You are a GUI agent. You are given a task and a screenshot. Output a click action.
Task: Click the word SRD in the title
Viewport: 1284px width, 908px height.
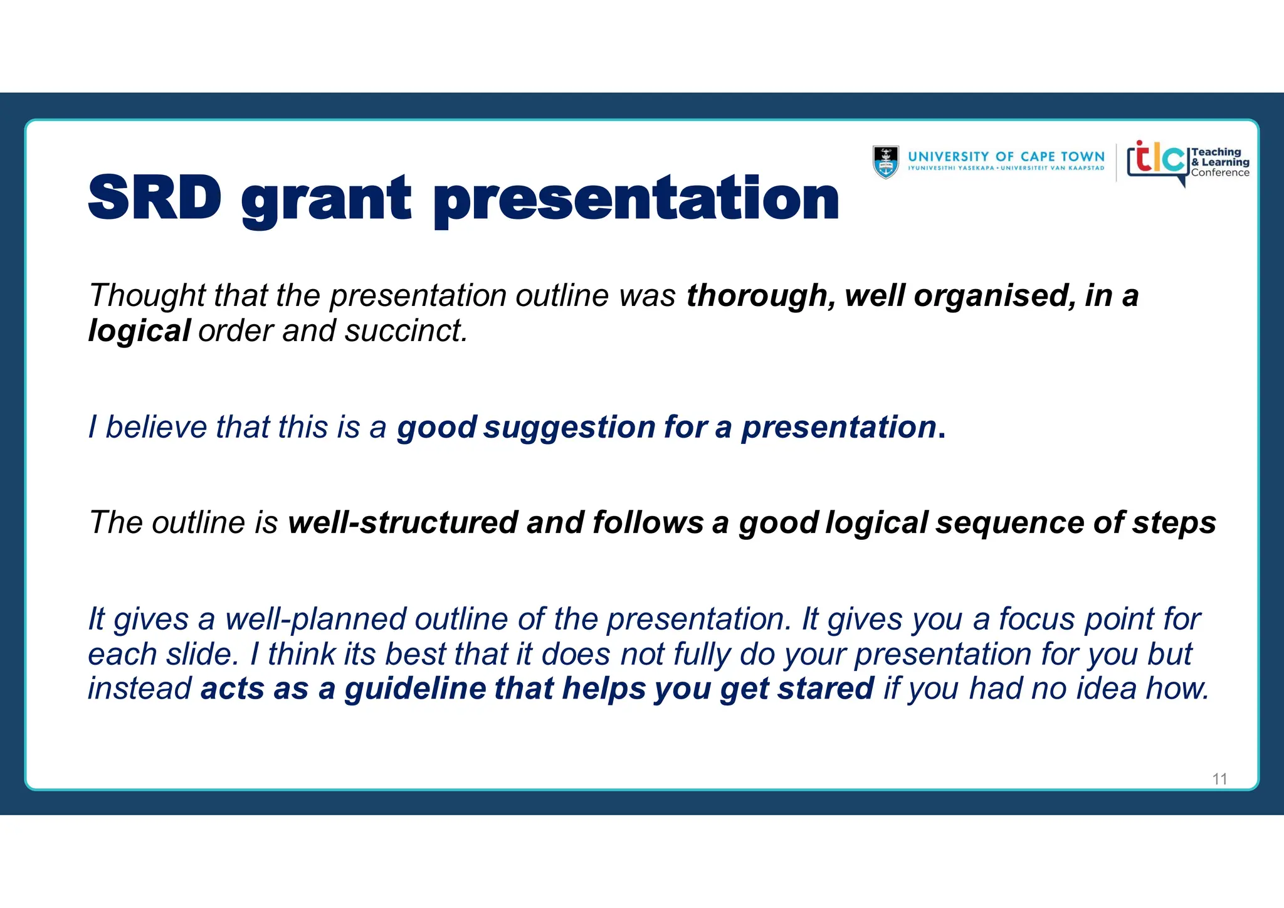pyautogui.click(x=155, y=198)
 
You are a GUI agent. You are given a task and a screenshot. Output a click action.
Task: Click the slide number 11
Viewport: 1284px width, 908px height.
pyautogui.click(x=1219, y=779)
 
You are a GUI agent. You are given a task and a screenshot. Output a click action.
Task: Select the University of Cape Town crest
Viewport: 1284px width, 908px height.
pyautogui.click(x=885, y=162)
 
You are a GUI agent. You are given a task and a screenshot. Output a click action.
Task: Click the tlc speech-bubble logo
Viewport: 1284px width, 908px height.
pyautogui.click(x=1157, y=161)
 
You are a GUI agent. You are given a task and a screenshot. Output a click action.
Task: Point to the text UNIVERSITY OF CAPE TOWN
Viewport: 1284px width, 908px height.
pyautogui.click(x=1006, y=157)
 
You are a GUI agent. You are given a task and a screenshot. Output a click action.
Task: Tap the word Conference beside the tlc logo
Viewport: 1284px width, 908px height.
pyautogui.click(x=1220, y=173)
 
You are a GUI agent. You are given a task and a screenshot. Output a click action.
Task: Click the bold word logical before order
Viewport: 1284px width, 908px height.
pyautogui.click(x=139, y=331)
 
